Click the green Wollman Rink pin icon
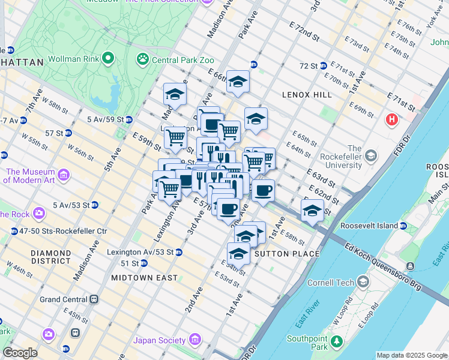(108, 58)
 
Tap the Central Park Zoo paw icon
(143, 58)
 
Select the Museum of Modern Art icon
(64, 175)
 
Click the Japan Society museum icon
(194, 340)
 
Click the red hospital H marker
(392, 119)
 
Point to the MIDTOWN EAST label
(144, 278)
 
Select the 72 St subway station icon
(323, 65)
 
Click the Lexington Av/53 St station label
(140, 252)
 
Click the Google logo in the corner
(19, 353)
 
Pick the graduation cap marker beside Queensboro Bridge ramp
(312, 210)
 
